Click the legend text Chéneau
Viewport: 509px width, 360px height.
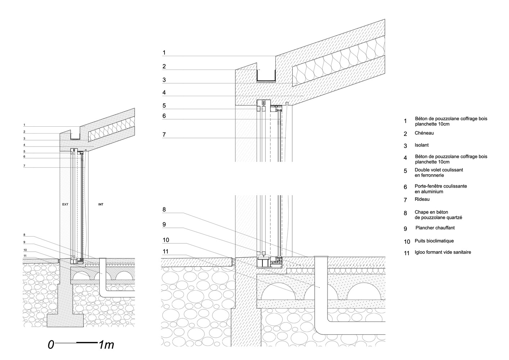424,133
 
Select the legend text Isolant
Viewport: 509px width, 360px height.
422,145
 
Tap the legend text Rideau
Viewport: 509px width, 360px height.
422,199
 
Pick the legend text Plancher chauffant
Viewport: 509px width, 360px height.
435,228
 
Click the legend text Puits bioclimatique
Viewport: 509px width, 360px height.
434,241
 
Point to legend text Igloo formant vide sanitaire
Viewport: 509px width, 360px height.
443,252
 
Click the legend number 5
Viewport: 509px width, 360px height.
405,171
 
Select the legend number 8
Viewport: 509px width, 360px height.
405,213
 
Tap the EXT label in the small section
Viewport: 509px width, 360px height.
65,204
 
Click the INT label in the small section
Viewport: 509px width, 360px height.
101,204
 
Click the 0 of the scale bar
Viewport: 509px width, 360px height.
51,345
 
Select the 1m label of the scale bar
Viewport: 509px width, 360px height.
107,345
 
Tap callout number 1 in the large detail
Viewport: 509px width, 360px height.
164,53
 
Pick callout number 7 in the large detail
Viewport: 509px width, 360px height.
164,135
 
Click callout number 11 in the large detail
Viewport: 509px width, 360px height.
166,252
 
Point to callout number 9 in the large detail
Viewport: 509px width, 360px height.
164,225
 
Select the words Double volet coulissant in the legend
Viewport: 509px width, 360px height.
439,170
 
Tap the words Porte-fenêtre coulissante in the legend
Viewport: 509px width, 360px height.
441,186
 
